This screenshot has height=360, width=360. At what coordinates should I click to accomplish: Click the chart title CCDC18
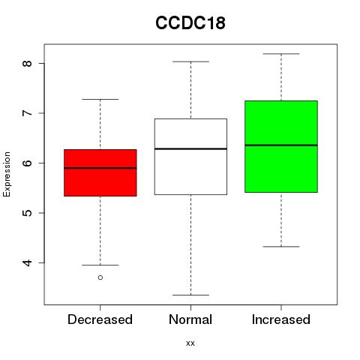(190, 22)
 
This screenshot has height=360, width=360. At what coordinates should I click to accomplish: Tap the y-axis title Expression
(7, 174)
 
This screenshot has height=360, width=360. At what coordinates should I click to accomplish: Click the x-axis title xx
(190, 343)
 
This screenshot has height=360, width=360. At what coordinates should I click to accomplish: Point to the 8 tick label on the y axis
(28, 63)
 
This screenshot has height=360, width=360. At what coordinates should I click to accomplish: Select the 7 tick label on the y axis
(28, 113)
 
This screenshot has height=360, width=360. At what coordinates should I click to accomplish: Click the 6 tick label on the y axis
(28, 163)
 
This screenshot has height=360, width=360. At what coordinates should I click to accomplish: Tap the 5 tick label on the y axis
(28, 213)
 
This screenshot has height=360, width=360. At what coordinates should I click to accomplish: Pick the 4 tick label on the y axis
(28, 262)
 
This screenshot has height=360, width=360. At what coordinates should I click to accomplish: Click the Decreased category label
(100, 319)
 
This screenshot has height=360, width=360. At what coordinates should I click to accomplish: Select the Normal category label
(190, 319)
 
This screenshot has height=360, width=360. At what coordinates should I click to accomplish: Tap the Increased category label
(281, 319)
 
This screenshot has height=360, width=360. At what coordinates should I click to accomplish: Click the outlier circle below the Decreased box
(100, 277)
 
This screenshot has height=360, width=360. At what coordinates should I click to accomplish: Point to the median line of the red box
(100, 168)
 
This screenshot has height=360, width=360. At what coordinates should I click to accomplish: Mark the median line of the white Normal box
(190, 148)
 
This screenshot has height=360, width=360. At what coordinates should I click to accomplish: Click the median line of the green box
(281, 145)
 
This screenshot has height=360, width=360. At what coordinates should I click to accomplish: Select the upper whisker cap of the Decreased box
(100, 99)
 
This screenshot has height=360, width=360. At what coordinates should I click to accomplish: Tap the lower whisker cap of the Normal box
(190, 295)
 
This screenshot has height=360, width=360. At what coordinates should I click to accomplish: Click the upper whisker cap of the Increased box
(281, 54)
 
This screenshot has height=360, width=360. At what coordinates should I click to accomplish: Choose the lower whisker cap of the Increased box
(281, 247)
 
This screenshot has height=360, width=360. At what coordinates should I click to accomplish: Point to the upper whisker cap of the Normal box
(190, 61)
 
